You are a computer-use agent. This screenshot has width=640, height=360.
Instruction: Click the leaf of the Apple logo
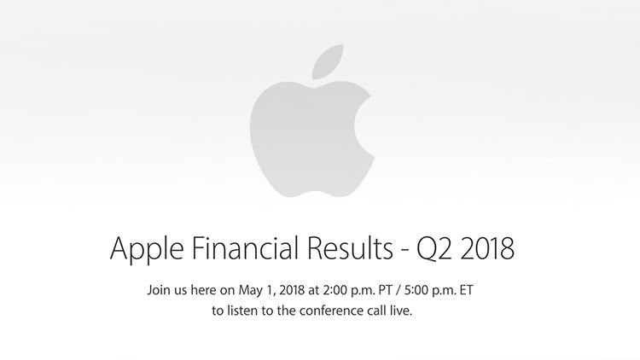328,61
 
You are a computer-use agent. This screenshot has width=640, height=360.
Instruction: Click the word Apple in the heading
147,249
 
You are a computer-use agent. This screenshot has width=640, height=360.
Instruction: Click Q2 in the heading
433,248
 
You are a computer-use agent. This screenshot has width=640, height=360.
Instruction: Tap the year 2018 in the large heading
487,248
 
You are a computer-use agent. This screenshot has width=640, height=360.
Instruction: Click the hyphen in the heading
404,251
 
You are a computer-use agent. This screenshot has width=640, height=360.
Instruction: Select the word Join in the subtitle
156,290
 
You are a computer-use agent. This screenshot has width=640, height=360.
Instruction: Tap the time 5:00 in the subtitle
414,290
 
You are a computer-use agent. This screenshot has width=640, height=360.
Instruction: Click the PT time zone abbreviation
386,290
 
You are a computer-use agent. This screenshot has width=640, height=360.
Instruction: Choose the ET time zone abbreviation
467,290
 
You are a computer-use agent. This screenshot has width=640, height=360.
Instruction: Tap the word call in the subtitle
375,311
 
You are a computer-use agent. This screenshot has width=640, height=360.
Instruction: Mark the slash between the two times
399,291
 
